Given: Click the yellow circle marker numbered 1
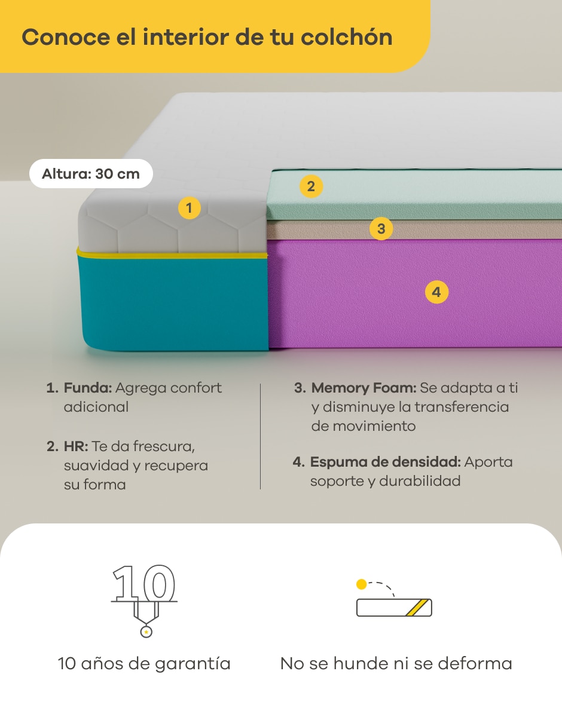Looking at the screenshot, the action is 190,208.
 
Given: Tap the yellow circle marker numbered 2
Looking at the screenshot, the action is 311,186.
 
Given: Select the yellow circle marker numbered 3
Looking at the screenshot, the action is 381,228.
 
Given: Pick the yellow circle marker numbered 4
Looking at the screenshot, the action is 436,292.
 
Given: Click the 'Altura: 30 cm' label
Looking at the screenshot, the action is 91,174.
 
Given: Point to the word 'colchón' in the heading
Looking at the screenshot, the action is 347,37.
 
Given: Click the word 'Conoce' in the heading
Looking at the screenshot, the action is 66,37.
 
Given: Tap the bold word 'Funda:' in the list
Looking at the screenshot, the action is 88,388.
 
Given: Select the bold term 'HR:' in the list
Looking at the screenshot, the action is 76,446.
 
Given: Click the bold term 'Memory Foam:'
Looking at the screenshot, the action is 364,388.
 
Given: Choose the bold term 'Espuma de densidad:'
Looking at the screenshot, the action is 386,462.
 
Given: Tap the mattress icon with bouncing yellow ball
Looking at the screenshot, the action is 394,598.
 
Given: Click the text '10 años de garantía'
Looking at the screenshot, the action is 144,663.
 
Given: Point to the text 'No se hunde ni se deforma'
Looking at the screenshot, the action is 396,663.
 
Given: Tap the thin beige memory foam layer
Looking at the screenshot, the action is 414,229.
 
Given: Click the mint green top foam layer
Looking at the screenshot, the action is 414,194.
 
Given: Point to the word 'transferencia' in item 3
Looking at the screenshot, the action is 462,407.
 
